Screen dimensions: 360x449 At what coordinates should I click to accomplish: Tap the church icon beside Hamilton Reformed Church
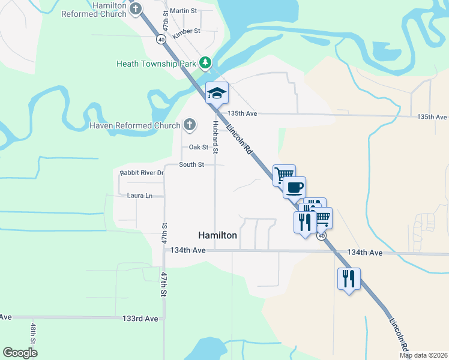[137, 9]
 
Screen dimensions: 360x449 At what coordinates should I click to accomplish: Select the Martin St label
[183, 11]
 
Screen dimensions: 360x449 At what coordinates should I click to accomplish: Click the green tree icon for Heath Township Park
[205, 62]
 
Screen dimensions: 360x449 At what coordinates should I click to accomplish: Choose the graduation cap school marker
[217, 93]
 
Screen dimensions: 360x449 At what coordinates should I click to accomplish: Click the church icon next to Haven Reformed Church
[189, 125]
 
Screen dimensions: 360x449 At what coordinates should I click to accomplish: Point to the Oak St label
[198, 147]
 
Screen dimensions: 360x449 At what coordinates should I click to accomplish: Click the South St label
[191, 164]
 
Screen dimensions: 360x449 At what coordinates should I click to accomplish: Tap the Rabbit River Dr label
[142, 173]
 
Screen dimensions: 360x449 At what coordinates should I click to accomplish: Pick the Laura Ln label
[140, 196]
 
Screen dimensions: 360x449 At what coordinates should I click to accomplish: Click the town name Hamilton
[218, 236]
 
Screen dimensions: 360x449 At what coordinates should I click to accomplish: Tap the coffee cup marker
[294, 187]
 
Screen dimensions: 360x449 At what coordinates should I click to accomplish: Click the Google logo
[20, 353]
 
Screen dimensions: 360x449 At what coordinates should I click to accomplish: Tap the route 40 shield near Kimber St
[161, 40]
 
